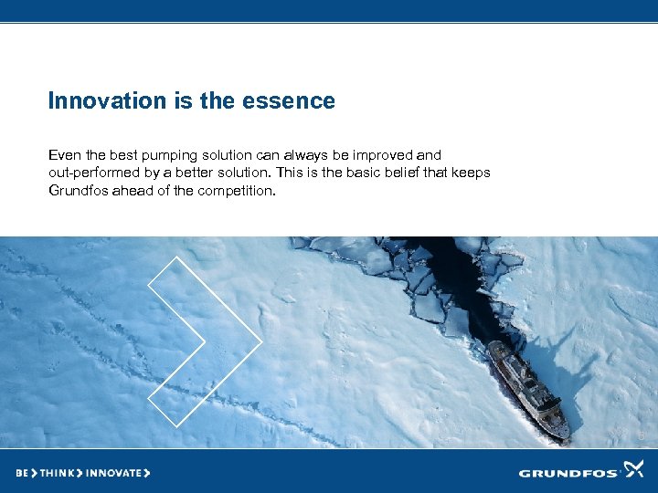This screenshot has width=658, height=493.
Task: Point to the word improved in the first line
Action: click(384, 156)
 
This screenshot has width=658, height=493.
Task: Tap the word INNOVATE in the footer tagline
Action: click(114, 473)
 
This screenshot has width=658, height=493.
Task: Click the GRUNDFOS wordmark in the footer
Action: click(568, 473)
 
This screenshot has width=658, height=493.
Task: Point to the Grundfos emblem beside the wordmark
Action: click(633, 470)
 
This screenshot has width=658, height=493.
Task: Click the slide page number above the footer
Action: click(642, 436)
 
